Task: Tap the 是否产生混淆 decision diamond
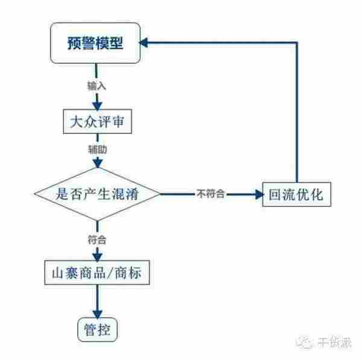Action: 97,194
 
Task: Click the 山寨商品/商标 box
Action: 97,273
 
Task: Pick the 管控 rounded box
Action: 97,330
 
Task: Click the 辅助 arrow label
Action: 97,147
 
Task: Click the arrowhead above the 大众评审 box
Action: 97,104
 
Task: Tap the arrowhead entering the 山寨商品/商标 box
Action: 97,256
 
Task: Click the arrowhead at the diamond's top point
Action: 97,163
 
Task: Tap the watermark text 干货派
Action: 336,343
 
